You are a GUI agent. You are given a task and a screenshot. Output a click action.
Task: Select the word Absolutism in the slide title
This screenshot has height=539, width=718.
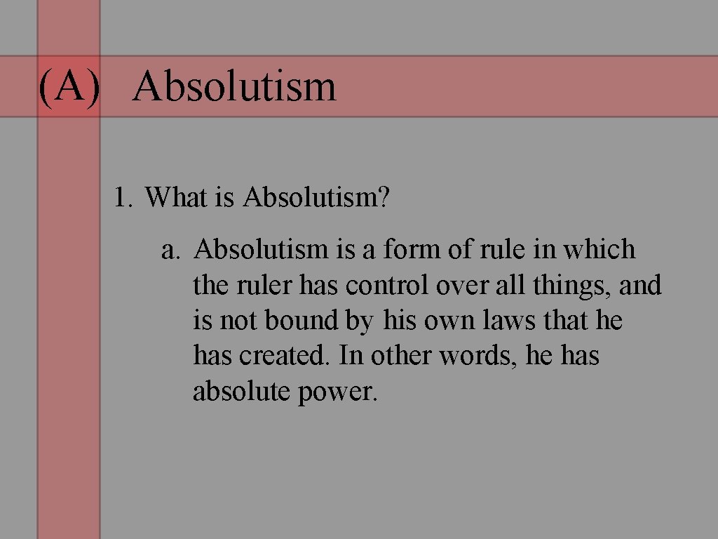(x=234, y=87)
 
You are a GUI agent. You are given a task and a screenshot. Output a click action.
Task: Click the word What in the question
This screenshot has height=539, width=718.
(x=176, y=198)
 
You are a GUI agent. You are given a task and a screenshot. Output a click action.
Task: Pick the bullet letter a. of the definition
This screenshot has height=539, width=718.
(x=171, y=250)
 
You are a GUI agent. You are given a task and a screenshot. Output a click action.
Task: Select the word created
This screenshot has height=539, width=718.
(x=283, y=357)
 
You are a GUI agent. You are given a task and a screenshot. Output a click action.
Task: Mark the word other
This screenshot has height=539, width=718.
(x=402, y=357)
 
